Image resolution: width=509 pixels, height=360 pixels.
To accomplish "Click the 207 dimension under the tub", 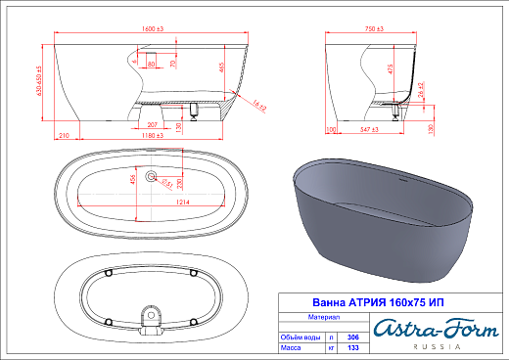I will click(x=153, y=125).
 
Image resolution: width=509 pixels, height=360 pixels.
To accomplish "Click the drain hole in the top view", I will click(x=152, y=177).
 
